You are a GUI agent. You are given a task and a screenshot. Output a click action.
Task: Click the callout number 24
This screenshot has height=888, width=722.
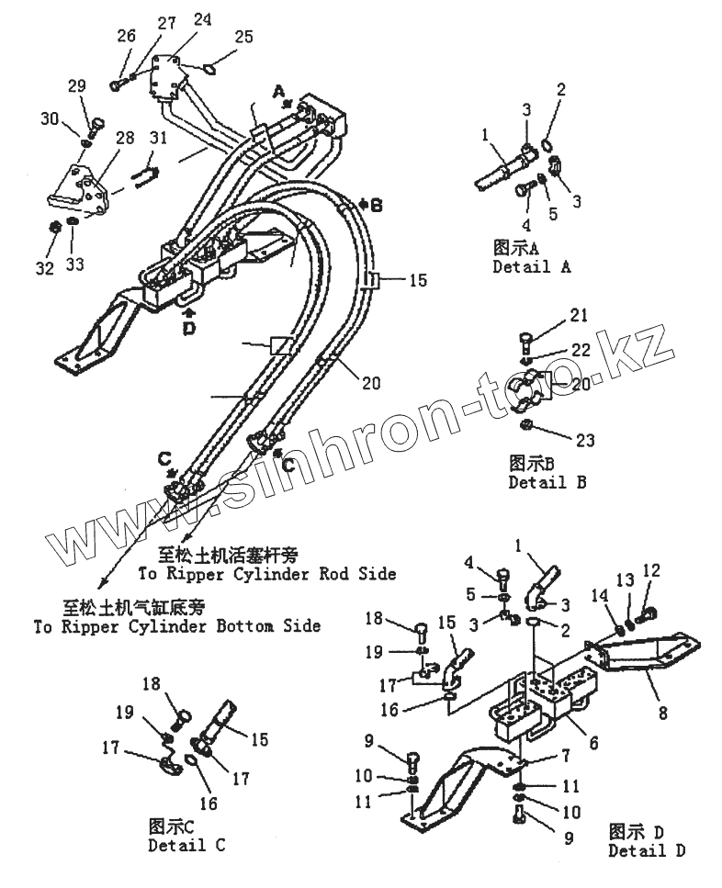tap(202, 19)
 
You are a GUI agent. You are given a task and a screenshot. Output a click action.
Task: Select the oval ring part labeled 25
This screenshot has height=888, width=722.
tap(209, 67)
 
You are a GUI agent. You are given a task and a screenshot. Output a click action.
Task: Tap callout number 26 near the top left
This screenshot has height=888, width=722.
tap(126, 36)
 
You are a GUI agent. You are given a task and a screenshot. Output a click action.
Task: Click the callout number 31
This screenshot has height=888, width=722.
tap(159, 139)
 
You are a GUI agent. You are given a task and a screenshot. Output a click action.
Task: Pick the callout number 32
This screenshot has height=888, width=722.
tap(45, 267)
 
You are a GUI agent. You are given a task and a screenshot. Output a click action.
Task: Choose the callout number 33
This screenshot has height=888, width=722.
tap(75, 264)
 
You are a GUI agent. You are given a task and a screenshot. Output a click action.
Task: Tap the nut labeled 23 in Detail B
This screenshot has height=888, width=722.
tap(530, 425)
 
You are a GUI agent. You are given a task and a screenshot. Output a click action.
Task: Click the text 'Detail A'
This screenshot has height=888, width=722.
tap(531, 267)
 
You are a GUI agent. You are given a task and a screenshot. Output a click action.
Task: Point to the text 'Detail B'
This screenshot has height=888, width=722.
tap(547, 481)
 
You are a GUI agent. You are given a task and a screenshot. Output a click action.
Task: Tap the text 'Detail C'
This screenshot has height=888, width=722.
tap(186, 845)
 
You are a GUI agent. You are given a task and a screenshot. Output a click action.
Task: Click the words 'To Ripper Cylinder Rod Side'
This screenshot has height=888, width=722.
tap(266, 574)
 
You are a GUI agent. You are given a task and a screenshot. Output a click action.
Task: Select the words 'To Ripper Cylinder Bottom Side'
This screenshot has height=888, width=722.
tap(177, 626)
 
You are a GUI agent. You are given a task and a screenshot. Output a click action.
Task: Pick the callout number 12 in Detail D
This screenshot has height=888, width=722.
tap(651, 571)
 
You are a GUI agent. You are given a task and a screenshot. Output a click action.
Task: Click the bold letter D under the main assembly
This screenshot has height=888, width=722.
tap(188, 328)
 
